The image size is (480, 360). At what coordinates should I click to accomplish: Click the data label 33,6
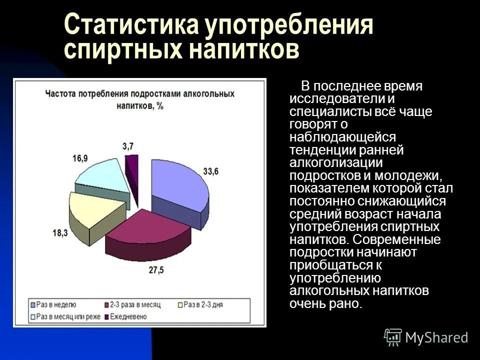[x=211, y=171]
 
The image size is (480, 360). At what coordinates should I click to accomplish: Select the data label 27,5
[x=156, y=270]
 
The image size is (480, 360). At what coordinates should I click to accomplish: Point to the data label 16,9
[x=80, y=158]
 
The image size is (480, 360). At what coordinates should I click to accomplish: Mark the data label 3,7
[x=127, y=145]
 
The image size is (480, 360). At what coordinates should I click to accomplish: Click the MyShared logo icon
[x=393, y=337]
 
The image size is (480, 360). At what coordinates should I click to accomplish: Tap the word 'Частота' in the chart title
[x=60, y=93]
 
